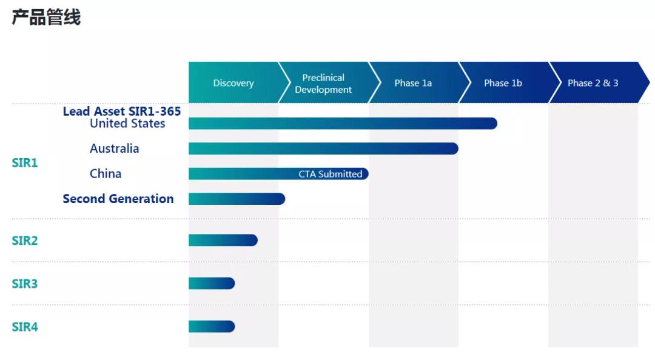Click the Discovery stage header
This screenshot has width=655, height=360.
coord(233,83)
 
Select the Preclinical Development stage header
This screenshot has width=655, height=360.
coord(323,84)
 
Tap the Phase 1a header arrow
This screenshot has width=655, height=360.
coord(413,83)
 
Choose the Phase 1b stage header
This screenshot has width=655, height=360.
coord(503,83)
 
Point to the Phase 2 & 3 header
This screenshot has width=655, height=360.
coord(593,83)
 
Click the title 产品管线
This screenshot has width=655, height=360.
coord(46,18)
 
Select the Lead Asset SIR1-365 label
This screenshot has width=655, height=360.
coord(122,111)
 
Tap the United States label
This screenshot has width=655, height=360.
coord(127,124)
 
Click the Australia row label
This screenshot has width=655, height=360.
coord(114,148)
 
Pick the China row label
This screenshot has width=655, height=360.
coord(106,174)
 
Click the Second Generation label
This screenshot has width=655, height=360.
coord(118,199)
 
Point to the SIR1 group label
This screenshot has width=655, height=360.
coord(25,163)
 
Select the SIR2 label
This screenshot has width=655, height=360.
coord(25,241)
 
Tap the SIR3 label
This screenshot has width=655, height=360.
coord(25,284)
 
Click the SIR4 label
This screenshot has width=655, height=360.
coord(25,327)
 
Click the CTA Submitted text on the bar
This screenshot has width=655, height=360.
coord(330,174)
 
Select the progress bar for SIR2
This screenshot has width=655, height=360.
coord(223,241)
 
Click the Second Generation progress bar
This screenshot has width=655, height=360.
coord(237,199)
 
